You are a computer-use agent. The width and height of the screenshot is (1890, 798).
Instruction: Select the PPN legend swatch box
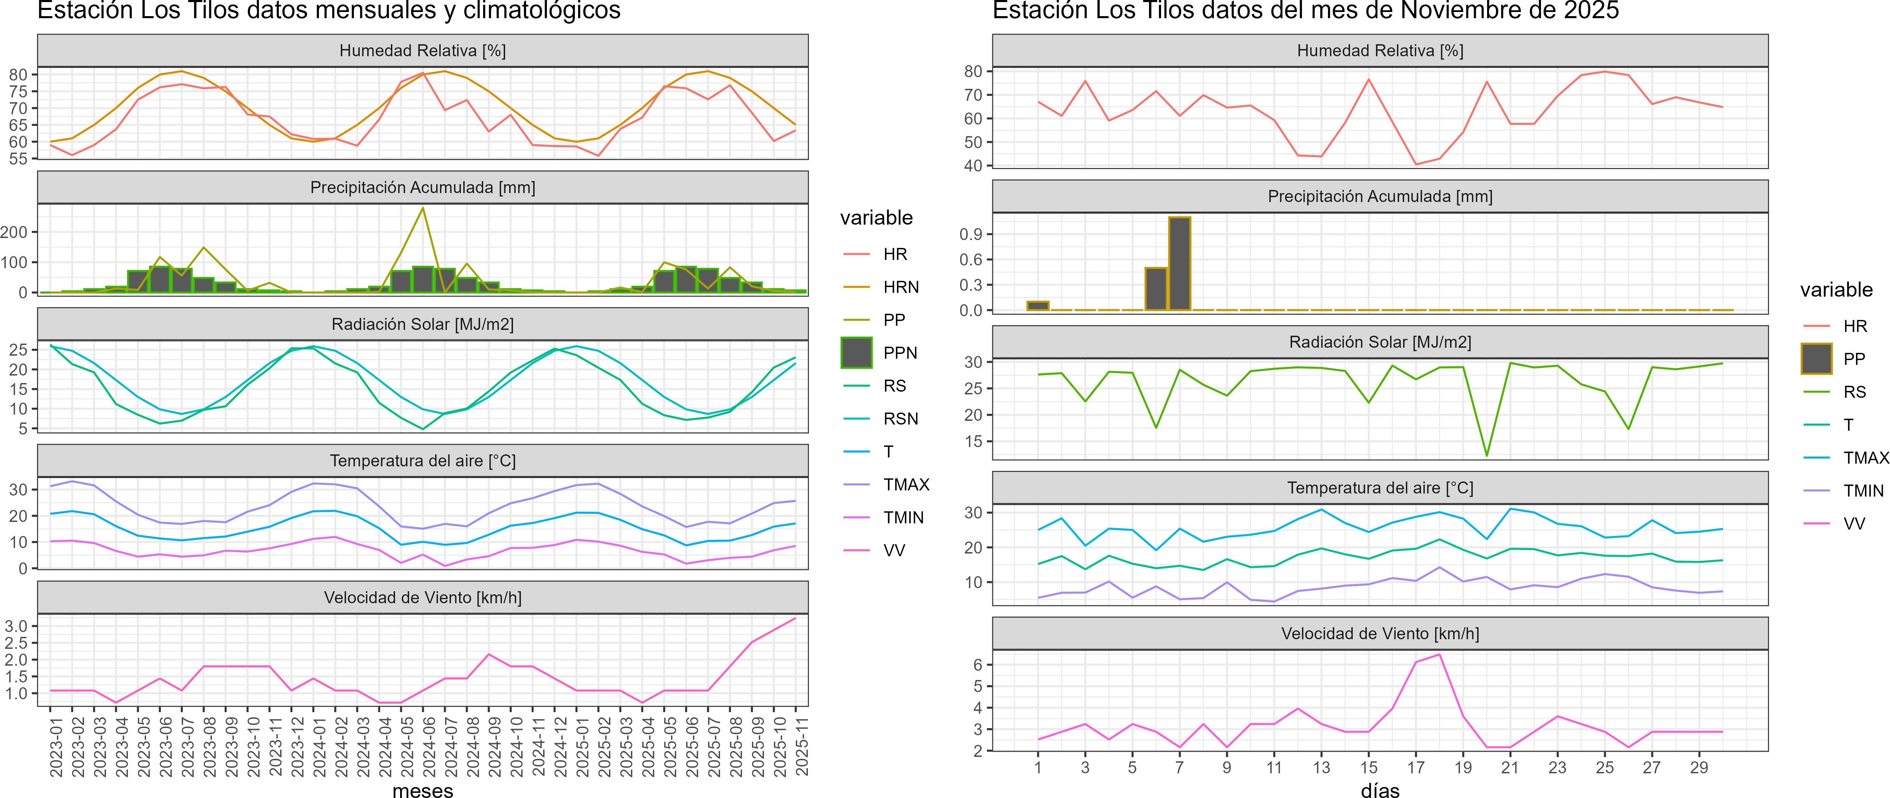point(856,353)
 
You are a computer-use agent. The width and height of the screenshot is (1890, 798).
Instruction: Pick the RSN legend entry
point(900,419)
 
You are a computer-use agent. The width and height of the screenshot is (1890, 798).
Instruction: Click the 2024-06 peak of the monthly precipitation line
point(422,208)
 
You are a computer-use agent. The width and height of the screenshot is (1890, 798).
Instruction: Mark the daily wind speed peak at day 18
point(1439,654)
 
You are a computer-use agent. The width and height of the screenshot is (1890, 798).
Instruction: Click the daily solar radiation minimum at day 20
point(1486,455)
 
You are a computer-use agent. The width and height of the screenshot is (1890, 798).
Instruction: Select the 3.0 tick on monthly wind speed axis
point(16,626)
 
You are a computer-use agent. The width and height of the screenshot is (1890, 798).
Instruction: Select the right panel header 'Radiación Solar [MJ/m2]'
point(1380,342)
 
